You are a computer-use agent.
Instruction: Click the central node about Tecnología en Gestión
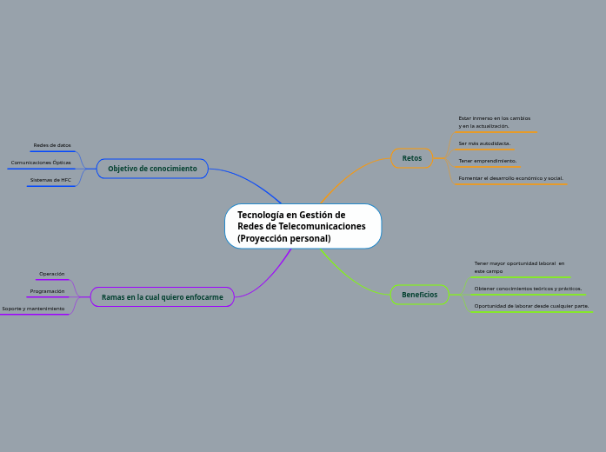point(303,226)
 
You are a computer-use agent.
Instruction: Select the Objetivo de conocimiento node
point(152,169)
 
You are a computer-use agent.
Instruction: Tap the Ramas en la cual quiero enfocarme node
point(162,297)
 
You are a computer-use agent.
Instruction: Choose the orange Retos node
point(412,158)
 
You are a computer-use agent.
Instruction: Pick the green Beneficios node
point(419,295)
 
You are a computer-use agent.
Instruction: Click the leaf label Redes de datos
point(52,145)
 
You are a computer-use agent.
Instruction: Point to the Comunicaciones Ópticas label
point(41,163)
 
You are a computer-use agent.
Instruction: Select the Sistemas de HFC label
point(50,180)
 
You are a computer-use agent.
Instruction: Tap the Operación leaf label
point(52,274)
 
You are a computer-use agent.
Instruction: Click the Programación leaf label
point(47,291)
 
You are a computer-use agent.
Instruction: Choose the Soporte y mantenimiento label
point(33,309)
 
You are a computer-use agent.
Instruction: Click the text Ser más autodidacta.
point(484,143)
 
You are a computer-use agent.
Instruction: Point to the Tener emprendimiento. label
point(487,161)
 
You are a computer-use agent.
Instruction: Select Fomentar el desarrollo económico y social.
point(510,178)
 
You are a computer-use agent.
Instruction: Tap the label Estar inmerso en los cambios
point(494,118)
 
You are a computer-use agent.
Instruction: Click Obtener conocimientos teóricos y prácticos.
point(528,289)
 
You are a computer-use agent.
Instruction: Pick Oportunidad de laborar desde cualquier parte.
point(531,306)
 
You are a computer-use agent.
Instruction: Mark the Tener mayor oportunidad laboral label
point(518,263)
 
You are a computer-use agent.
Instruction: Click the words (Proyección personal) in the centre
point(283,238)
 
